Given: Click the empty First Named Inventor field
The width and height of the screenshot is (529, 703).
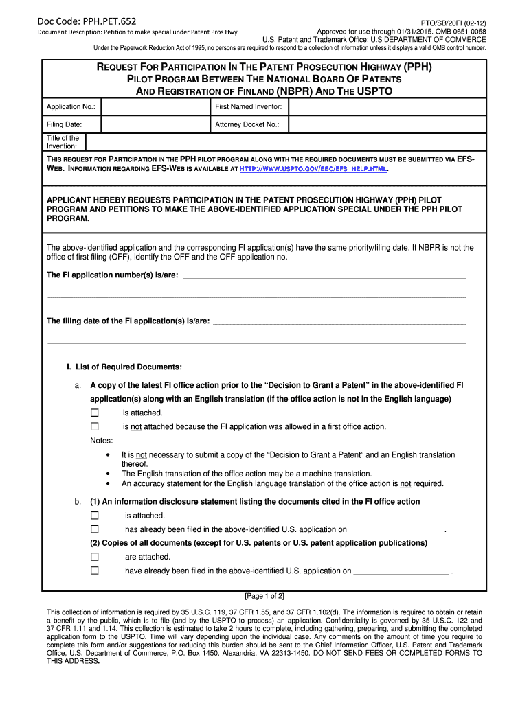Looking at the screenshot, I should coord(387,107).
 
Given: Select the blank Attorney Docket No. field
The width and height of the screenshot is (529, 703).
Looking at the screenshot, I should coord(387,124).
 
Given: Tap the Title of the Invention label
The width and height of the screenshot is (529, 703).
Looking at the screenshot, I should coord(63,142).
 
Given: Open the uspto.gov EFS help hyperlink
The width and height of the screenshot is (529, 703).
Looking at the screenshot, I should coord(313,168).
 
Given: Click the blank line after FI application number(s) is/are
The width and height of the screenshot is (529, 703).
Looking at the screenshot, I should coord(324,276).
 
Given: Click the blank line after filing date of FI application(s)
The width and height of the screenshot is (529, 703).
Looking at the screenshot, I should coord(339,322).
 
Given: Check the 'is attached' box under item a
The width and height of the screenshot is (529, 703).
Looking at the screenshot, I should coord(95,413).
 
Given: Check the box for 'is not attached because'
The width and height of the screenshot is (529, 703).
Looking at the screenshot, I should coord(95,426).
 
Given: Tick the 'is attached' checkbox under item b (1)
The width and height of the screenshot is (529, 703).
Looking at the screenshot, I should coord(95,516).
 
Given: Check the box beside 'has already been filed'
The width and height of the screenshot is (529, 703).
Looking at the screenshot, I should coord(95,529).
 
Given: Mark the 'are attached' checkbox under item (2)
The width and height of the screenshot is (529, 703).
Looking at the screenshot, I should coord(95,557).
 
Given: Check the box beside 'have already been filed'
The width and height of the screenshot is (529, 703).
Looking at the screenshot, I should coord(95,571).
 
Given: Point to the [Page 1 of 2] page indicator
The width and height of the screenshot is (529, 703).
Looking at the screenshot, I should coord(264,595).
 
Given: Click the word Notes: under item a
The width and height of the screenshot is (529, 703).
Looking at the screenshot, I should coord(102,441).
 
